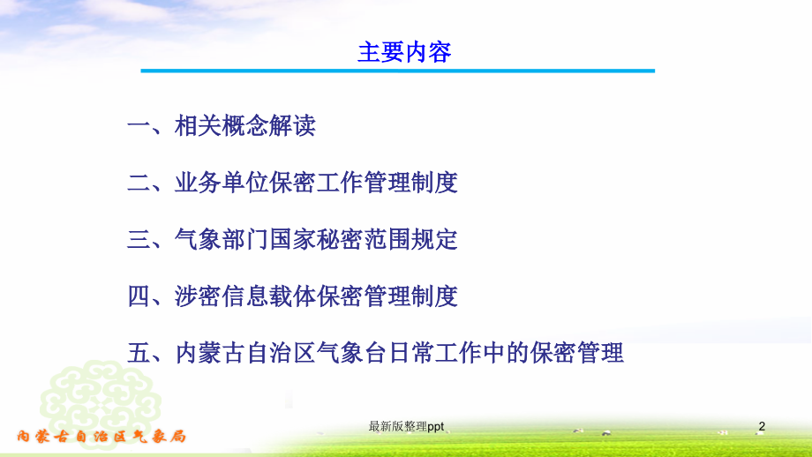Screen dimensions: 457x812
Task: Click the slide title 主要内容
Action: tap(404, 51)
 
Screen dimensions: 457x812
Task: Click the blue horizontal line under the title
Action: tap(398, 71)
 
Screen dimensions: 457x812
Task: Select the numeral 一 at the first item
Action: tap(139, 126)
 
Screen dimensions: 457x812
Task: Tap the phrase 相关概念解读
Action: tap(244, 126)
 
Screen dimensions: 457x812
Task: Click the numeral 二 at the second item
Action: tap(139, 183)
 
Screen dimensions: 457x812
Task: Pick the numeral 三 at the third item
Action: tap(139, 239)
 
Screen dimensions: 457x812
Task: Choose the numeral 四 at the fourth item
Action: tap(139, 296)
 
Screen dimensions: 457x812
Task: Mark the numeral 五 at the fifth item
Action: tap(139, 353)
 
